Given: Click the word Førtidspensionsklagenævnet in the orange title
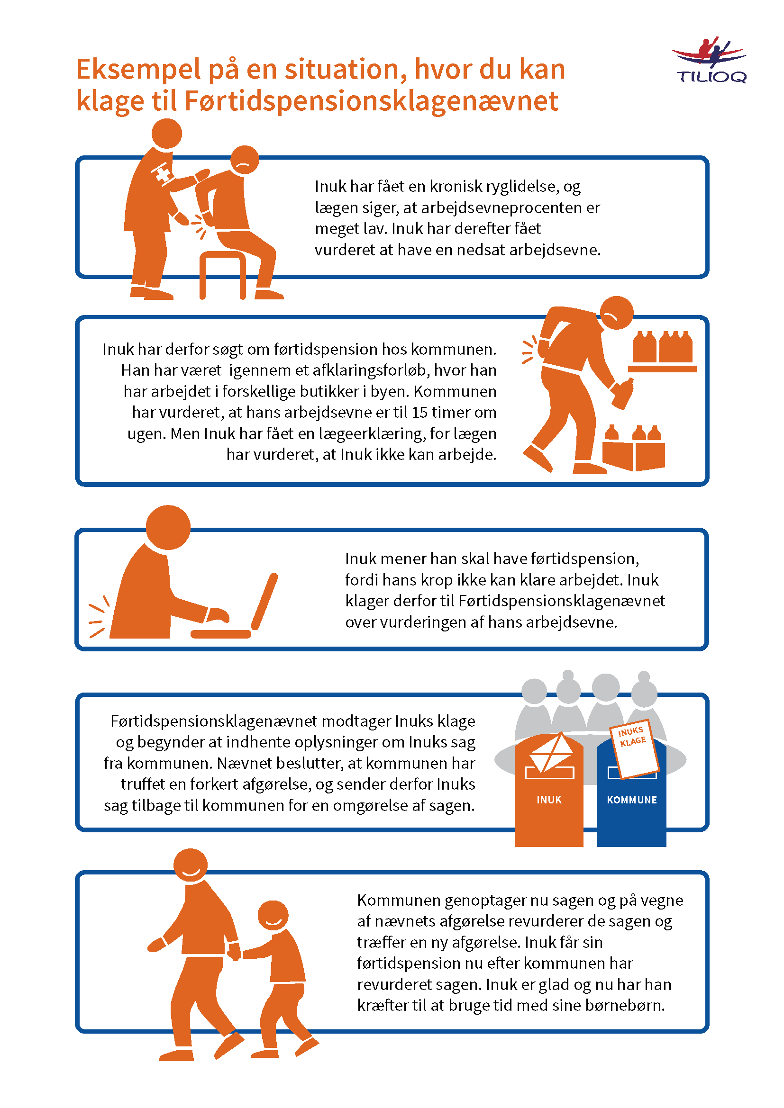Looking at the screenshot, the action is (371, 102).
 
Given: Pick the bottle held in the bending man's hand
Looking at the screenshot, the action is (623, 393).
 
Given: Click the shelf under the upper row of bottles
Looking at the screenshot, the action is (662, 369).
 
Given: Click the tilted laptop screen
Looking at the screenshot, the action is (264, 601).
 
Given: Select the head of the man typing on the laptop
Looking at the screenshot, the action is (168, 527).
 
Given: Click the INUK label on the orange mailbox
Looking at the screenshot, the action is (549, 800).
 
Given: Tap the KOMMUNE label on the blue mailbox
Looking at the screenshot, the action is (632, 800).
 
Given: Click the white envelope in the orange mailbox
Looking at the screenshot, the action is (551, 752).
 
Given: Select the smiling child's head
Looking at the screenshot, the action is (273, 916).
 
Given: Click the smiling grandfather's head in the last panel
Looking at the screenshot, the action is (190, 866).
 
